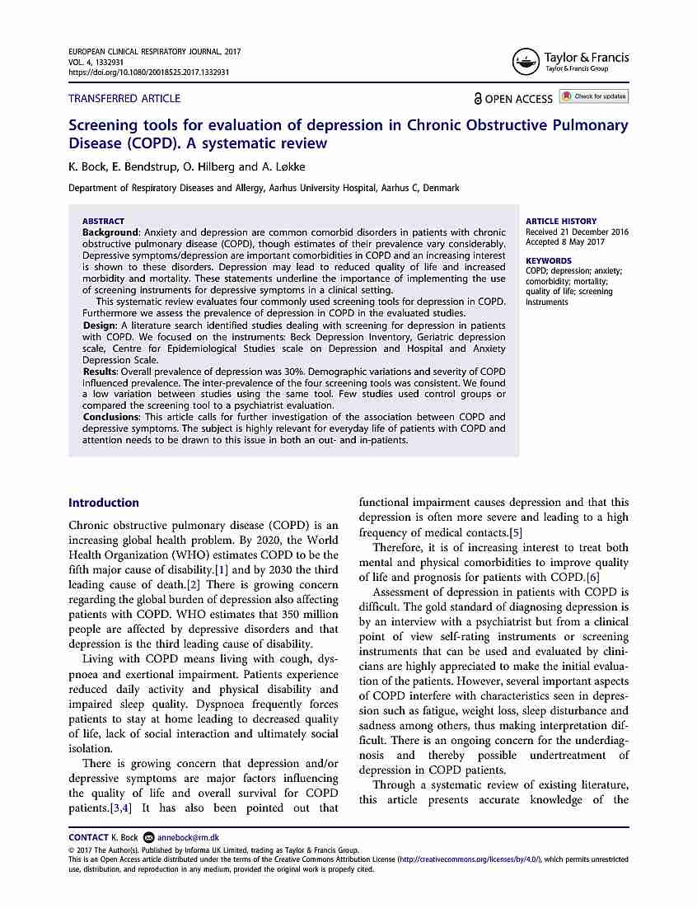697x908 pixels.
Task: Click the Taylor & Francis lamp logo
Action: coord(525,61)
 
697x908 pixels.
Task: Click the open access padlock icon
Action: coord(478,99)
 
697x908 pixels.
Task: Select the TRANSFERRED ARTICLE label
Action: coord(124,98)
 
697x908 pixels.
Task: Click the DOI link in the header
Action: coord(149,73)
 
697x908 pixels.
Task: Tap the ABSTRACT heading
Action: coord(103,221)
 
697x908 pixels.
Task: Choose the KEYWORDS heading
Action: coord(549,260)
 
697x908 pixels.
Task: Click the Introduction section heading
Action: coord(104,503)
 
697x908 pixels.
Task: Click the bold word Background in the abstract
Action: coord(110,232)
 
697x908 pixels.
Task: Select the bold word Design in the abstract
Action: coord(99,325)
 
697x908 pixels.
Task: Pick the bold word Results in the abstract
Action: coord(100,372)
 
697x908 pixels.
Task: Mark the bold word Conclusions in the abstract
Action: coord(110,417)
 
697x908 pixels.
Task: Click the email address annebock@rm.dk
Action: coord(189,837)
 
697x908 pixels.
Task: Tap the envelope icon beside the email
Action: coord(148,837)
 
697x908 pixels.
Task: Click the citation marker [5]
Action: coord(515,532)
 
